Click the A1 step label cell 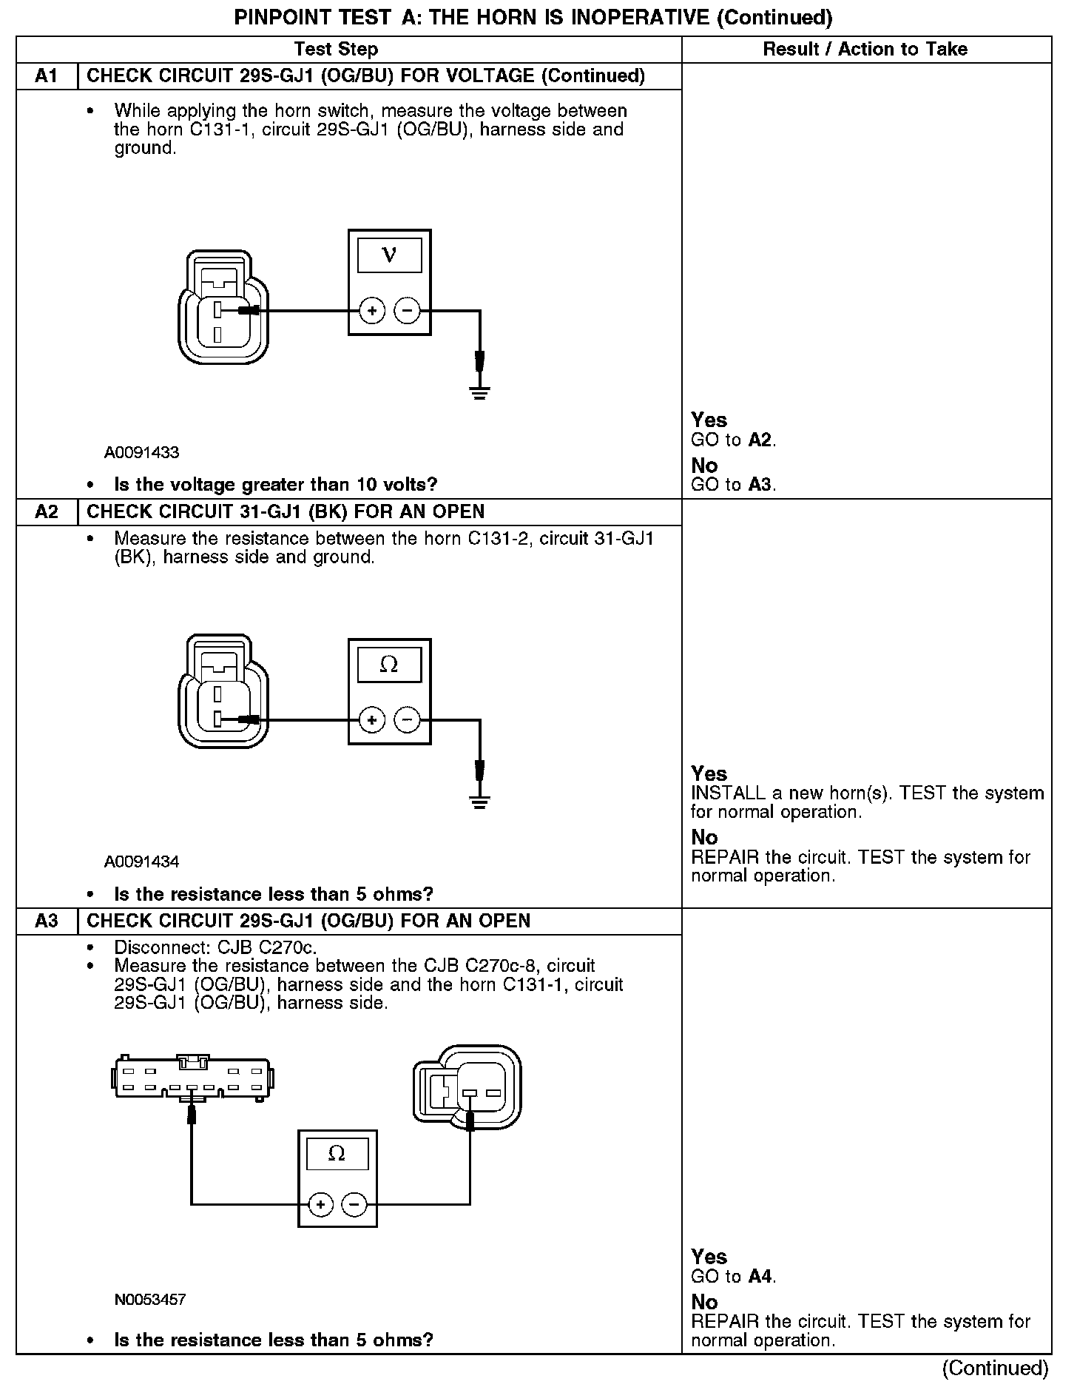click(47, 76)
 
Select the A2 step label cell click(47, 512)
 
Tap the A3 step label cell click(47, 921)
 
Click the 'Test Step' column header click(336, 50)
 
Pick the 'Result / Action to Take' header click(865, 50)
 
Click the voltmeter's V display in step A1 click(389, 255)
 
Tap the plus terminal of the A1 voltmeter click(372, 311)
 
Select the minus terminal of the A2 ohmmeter click(406, 719)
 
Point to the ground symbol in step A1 click(479, 391)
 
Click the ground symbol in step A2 click(479, 799)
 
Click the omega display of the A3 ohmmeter click(337, 1154)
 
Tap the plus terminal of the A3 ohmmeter click(320, 1205)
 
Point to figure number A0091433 click(141, 452)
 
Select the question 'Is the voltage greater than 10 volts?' click(275, 485)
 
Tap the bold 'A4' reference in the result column click(761, 1277)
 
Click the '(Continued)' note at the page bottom click(996, 1368)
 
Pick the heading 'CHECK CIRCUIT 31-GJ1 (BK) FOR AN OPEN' click(286, 512)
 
